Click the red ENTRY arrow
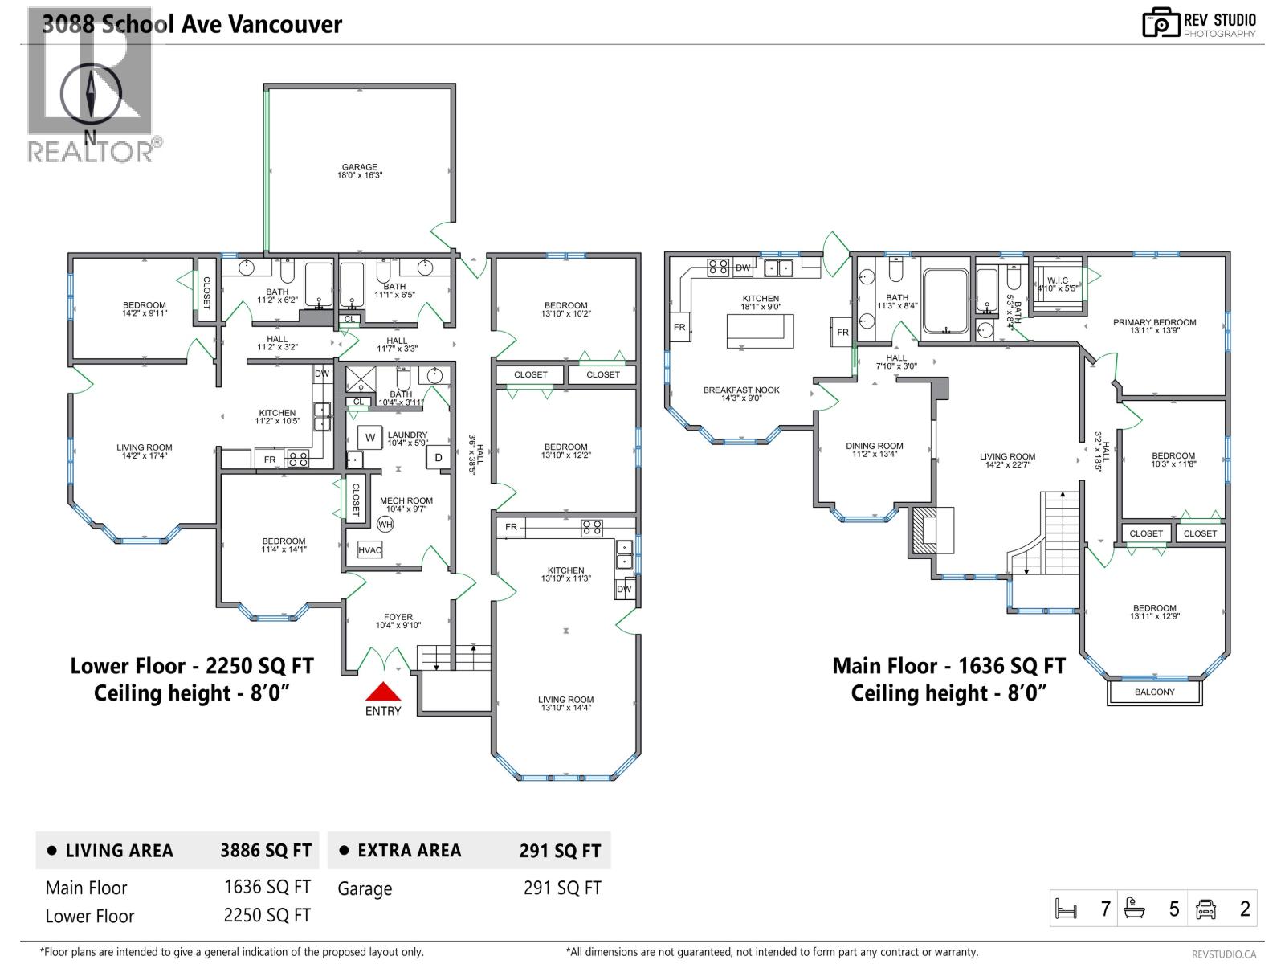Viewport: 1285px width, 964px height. click(x=383, y=692)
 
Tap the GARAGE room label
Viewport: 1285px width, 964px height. click(x=359, y=168)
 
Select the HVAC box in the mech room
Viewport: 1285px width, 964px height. click(x=370, y=550)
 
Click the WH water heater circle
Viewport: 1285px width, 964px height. click(x=385, y=525)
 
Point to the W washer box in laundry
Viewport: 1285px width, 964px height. click(x=370, y=438)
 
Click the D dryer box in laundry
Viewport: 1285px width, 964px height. click(x=439, y=458)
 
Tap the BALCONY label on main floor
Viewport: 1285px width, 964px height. click(x=1154, y=692)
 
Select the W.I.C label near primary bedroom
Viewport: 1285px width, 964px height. click(x=1058, y=280)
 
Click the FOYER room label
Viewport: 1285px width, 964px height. click(x=398, y=617)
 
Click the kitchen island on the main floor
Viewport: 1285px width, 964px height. click(x=760, y=330)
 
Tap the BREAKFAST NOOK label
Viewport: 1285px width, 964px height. click(x=741, y=390)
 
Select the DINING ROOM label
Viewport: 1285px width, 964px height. click(x=874, y=446)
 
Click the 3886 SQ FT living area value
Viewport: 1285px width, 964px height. click(x=266, y=851)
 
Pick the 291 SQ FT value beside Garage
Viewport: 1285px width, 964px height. click(x=561, y=888)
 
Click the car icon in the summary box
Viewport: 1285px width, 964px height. click(x=1205, y=909)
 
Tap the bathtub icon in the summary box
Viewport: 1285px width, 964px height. click(x=1134, y=909)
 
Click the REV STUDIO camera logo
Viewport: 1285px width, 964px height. click(x=1161, y=23)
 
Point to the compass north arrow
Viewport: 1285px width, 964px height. click(x=91, y=94)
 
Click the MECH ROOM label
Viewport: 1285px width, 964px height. click(x=406, y=500)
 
